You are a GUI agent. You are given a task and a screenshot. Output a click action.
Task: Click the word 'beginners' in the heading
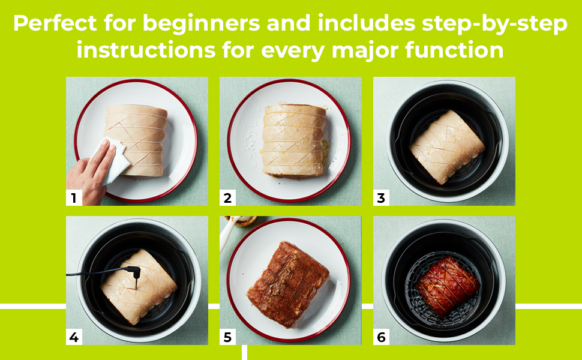[x=201, y=24]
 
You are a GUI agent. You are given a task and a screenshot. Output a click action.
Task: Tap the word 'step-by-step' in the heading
[x=494, y=24]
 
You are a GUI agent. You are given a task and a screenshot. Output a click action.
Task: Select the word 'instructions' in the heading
[x=146, y=50]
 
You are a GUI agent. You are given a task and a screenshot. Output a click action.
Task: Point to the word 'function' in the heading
[x=454, y=50]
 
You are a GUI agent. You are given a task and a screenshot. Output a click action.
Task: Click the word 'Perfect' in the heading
[x=55, y=23]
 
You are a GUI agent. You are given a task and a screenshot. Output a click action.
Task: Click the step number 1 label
[x=73, y=198]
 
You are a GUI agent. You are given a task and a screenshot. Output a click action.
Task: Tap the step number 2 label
[x=227, y=198]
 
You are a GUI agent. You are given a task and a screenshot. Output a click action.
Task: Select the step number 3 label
[x=381, y=198]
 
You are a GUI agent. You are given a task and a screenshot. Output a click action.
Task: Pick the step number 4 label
[x=73, y=337]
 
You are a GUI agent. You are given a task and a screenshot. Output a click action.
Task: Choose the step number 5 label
[x=227, y=337]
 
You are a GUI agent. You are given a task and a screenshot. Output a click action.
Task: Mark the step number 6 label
[x=381, y=337]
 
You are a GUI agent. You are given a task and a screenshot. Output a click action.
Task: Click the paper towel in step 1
[x=112, y=160]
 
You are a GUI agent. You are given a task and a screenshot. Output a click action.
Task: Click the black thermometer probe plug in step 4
[x=134, y=272]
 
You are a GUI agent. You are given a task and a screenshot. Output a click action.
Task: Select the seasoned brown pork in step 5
[x=288, y=284]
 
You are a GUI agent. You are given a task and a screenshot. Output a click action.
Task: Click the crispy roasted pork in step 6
[x=448, y=286]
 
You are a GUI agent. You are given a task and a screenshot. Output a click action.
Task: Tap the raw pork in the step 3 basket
[x=447, y=147]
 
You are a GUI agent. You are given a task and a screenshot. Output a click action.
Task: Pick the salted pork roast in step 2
[x=294, y=140]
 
